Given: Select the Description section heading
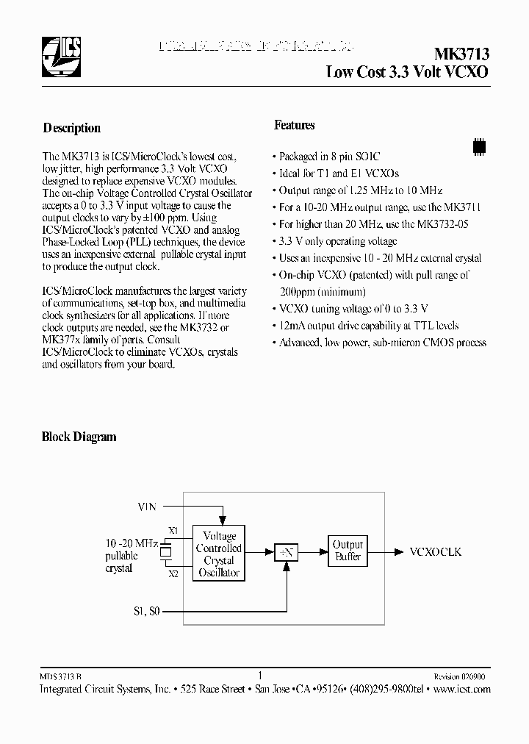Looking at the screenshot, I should click(72, 128).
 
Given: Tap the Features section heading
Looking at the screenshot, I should click(295, 125).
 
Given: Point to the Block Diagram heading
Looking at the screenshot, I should click(79, 437).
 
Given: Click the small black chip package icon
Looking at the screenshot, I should click(478, 146).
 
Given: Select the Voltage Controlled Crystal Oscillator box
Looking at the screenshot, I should click(218, 554).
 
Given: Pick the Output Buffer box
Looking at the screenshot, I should click(348, 551).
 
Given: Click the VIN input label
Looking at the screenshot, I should click(147, 506).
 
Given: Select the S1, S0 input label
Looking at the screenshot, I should click(146, 611).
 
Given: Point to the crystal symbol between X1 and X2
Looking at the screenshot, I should click(166, 551).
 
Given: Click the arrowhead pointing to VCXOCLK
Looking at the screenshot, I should click(397, 551).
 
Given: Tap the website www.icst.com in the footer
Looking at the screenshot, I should click(461, 690).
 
